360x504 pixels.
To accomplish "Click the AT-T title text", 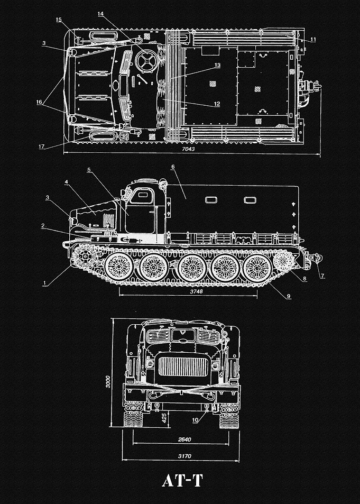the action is pos(182,481).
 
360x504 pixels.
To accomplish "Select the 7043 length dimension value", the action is pos(188,149).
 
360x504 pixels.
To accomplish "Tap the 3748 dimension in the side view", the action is pos(197,291).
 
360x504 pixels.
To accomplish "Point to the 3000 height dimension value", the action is pos(108,381).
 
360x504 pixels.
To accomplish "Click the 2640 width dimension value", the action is pos(184,439).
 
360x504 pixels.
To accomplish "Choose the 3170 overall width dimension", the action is pos(184,456).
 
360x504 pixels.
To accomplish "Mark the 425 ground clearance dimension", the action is pos(164,418).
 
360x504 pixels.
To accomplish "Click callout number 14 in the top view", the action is pos(100,14).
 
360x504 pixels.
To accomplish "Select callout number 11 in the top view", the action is pos(313,40).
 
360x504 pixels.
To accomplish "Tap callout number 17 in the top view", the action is pos(41,146).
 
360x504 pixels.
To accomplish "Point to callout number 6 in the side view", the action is pos(173,167).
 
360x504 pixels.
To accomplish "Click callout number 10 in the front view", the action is pos(195,420).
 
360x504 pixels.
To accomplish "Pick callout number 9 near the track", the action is pos(289,296).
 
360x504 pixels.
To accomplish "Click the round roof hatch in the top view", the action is pos(146,61).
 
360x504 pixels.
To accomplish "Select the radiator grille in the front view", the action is pos(183,366).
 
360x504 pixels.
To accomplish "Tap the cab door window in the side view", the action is pos(142,196).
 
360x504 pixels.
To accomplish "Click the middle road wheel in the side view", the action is pos(192,268).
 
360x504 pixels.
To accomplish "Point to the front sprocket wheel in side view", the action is pos(84,256).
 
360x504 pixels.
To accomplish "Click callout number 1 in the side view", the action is pos(44,283).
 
